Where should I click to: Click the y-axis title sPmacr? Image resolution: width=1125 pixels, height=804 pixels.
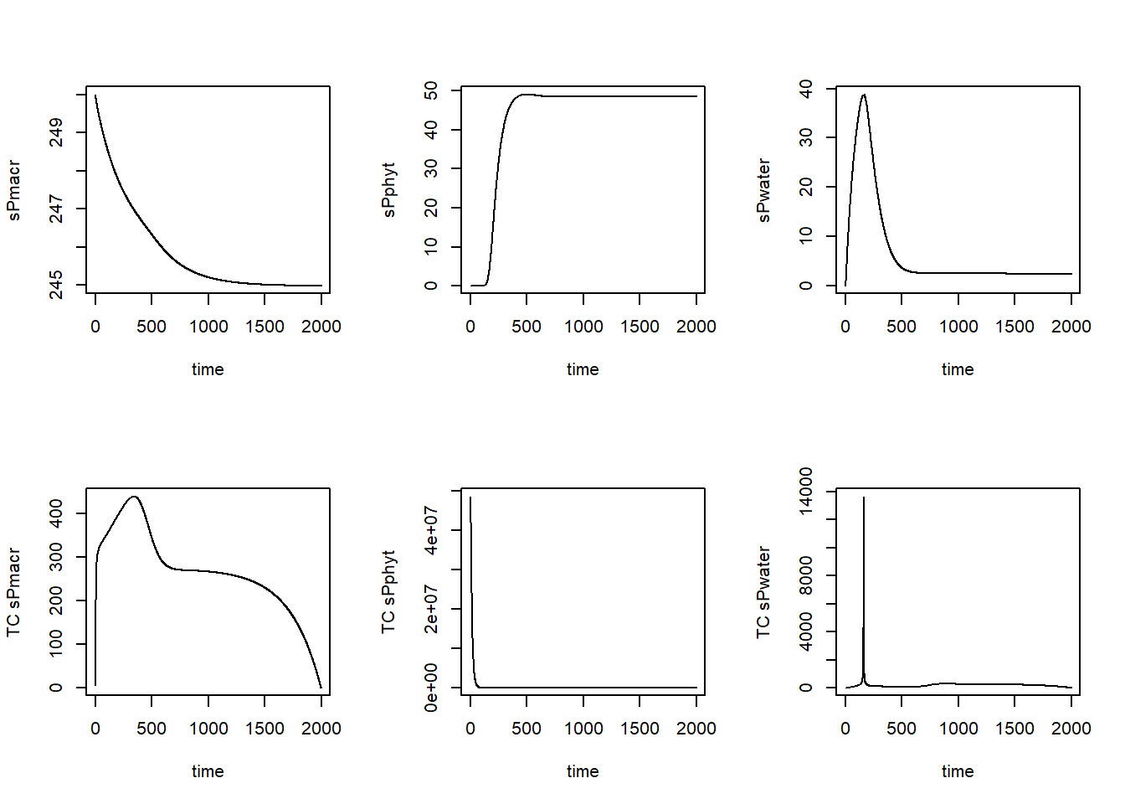pos(13,191)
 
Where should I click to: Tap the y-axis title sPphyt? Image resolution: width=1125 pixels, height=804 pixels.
pos(388,191)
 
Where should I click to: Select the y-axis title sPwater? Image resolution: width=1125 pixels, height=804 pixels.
pos(763,191)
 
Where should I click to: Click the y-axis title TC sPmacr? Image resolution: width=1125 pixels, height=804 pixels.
pos(13,593)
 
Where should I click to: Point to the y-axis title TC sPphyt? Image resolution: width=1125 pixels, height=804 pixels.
pos(388,593)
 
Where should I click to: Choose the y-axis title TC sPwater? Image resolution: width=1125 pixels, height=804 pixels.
pos(763,593)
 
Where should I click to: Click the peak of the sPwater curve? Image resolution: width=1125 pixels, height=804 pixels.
pos(863,95)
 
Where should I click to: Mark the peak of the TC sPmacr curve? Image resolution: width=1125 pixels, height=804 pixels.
pos(134,497)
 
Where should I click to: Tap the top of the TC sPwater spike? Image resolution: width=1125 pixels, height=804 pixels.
pos(863,497)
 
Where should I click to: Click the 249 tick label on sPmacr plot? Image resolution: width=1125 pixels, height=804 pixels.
pos(55,132)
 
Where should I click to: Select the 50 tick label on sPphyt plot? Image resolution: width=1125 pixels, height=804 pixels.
pos(430,90)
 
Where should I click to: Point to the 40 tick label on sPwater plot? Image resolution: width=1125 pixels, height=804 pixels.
pos(805,89)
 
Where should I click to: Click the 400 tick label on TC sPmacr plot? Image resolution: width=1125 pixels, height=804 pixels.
pos(55,513)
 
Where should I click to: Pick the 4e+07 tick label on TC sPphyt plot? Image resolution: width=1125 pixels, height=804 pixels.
pos(430,530)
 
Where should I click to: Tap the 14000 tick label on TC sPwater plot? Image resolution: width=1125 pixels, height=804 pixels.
pos(805,492)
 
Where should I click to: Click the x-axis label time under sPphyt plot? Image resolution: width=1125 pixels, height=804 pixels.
pos(583,369)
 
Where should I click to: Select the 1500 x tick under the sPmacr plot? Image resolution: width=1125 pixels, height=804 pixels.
pos(265,327)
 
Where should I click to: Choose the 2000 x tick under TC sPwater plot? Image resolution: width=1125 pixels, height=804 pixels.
pos(1071,729)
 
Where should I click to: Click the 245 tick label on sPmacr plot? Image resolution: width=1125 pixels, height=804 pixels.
pos(55,285)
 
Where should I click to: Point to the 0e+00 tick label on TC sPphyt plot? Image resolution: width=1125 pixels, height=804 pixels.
pos(430,688)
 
